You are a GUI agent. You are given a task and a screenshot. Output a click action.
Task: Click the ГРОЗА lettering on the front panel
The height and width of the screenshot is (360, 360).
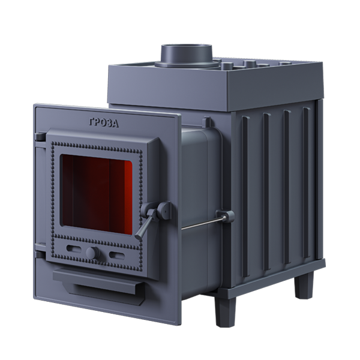click(104, 123)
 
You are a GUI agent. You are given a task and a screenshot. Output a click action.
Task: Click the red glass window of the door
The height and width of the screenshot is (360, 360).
click(97, 194)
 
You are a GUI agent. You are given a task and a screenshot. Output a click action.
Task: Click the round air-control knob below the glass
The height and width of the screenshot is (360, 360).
click(92, 253)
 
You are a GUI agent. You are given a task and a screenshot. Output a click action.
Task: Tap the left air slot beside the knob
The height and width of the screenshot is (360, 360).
click(73, 248)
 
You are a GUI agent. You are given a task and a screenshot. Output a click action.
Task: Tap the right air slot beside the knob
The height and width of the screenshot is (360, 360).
click(117, 255)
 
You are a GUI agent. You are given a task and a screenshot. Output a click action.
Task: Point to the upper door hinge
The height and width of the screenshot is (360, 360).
click(41, 137)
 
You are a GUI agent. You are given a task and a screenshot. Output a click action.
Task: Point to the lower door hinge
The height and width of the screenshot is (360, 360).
click(41, 254)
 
